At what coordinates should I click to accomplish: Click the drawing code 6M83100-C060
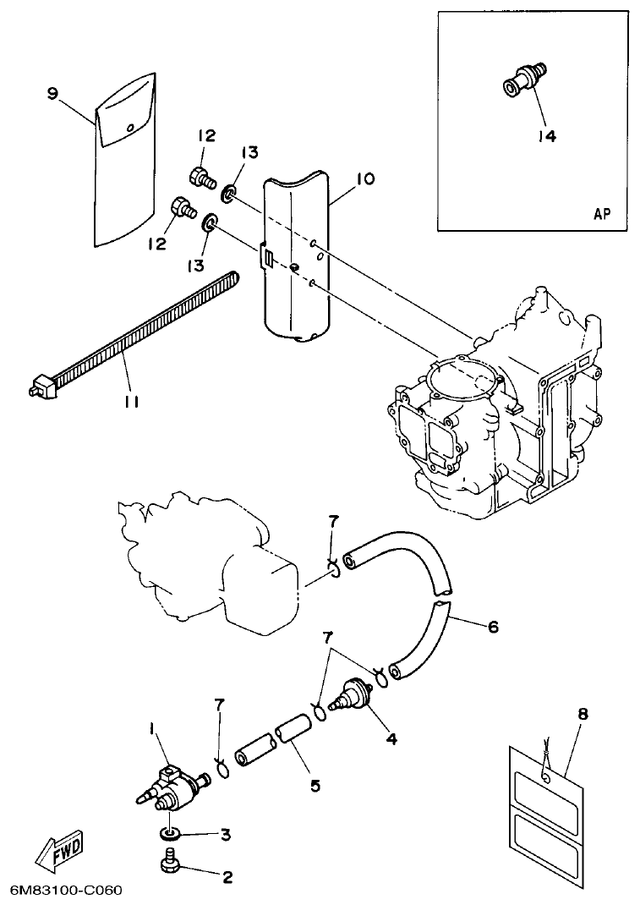click(67, 891)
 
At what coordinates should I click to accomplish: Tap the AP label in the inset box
click(602, 214)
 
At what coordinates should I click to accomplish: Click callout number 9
click(52, 94)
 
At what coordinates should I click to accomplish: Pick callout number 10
click(365, 178)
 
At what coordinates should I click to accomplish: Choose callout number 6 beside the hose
click(494, 627)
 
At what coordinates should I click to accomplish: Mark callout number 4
click(391, 738)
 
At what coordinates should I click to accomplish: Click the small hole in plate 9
click(130, 127)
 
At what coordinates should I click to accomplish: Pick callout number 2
click(226, 877)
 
